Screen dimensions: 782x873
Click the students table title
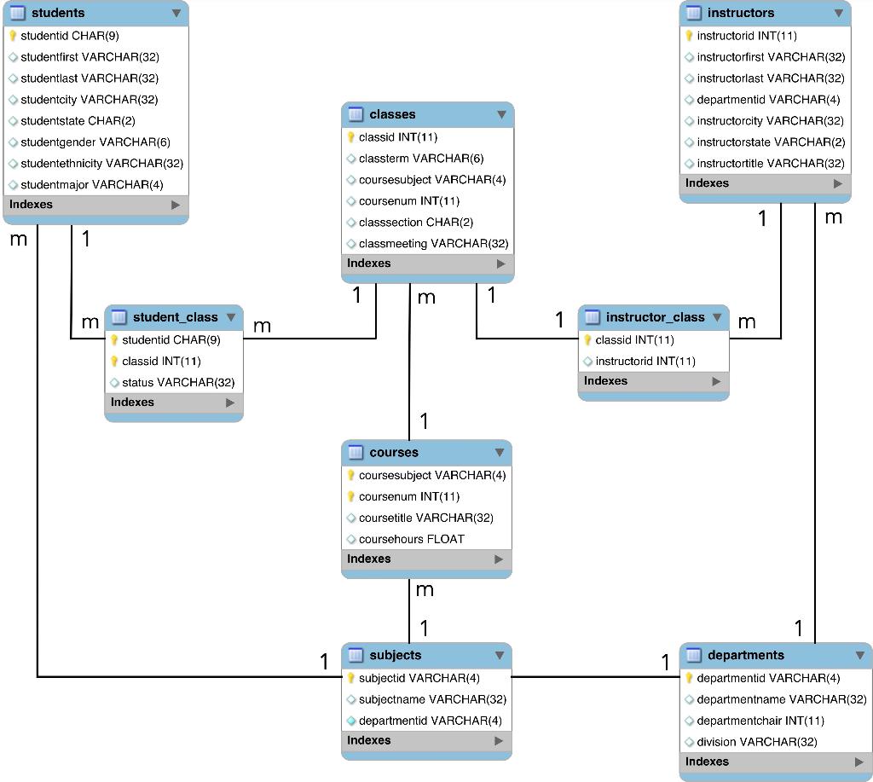pos(58,13)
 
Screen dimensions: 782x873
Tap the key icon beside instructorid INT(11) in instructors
pos(690,36)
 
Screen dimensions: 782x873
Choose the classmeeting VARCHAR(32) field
pos(433,243)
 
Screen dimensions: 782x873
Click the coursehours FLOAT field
pos(412,539)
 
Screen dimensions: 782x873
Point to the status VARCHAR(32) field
pos(178,382)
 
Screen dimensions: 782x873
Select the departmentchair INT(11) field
pos(749,721)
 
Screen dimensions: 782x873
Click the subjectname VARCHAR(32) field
pos(432,699)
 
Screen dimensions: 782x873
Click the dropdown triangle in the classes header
pos(501,114)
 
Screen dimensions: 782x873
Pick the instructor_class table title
pos(655,317)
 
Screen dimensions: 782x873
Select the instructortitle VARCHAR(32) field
pos(771,163)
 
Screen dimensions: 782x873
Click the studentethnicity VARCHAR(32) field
pos(101,163)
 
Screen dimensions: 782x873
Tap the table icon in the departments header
pos(694,655)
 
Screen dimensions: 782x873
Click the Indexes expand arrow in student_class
pos(230,403)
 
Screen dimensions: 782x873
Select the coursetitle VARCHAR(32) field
pos(426,518)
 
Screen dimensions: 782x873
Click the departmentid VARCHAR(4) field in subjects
pos(430,721)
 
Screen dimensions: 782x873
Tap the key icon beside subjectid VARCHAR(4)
pos(350,678)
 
